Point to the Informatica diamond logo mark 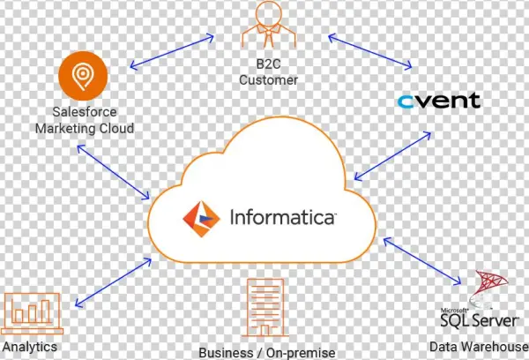201,216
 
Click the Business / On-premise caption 267,352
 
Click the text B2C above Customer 269,64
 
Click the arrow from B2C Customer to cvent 370,52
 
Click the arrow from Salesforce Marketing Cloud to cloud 111,172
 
